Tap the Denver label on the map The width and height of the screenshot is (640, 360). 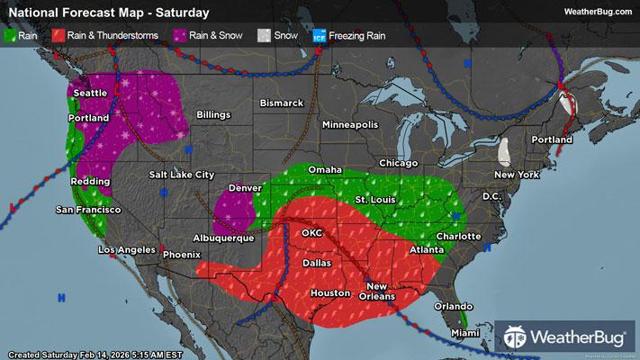click(x=245, y=188)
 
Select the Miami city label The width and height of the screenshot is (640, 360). click(x=466, y=333)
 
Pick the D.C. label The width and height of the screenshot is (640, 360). click(x=491, y=195)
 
